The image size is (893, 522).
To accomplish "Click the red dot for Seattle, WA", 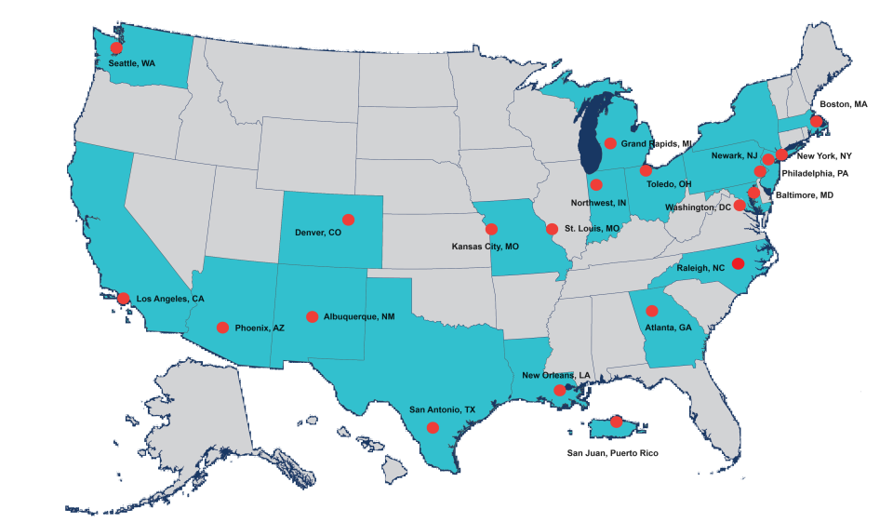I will tap(116, 48).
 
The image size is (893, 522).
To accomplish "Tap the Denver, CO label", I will tap(318, 233).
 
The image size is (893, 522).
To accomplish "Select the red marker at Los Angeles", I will tap(123, 298).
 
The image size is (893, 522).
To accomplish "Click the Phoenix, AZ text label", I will tap(260, 328).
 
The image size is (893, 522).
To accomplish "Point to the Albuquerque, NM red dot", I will tap(313, 317).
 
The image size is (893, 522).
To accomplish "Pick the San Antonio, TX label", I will tap(442, 408).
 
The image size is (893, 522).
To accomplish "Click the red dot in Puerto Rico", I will tap(616, 422).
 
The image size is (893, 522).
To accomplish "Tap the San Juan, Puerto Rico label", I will tap(618, 453).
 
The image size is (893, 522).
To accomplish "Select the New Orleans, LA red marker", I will tap(559, 391).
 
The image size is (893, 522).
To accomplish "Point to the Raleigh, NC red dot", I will tap(738, 263).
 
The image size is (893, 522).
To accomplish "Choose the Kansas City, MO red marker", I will tap(491, 229).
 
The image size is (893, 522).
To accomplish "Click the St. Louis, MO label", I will tap(592, 228).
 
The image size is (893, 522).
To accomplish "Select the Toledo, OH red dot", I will tap(646, 171).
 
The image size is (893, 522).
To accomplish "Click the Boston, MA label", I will tap(843, 105).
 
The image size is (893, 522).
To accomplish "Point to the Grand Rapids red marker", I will tap(609, 143).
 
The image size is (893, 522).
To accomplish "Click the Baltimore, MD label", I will tap(804, 195).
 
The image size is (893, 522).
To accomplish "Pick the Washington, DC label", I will tap(698, 207).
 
